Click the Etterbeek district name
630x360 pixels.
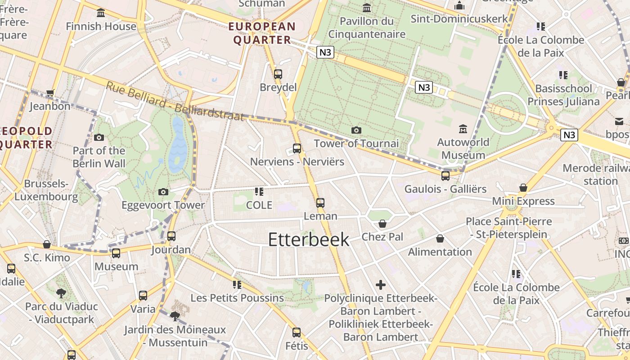(x=309, y=239)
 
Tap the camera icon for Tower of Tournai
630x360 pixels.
(x=356, y=130)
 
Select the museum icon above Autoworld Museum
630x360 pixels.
(x=463, y=129)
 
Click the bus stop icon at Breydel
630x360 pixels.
(x=278, y=74)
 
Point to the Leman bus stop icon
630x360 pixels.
(x=320, y=203)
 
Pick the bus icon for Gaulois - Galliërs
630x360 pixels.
(x=445, y=176)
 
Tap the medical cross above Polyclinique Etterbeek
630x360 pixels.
(x=381, y=285)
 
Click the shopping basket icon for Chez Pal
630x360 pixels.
(x=382, y=224)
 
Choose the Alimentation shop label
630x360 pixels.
(x=440, y=252)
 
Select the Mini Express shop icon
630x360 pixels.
(x=523, y=188)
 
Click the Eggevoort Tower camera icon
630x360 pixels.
(x=163, y=192)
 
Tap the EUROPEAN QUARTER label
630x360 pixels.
(x=262, y=33)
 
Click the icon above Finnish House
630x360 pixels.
(x=101, y=13)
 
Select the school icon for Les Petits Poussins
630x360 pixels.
(x=237, y=285)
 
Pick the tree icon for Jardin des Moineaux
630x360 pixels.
(x=175, y=316)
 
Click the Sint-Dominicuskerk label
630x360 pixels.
(x=459, y=19)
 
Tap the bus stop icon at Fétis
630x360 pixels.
(x=297, y=333)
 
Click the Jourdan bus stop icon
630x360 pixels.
(x=171, y=236)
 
